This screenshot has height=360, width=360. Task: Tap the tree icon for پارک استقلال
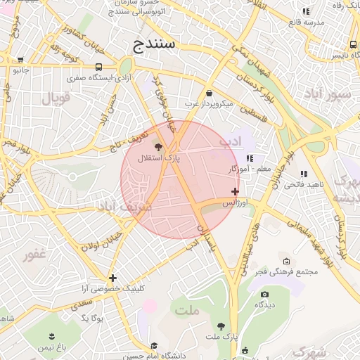click(157, 147)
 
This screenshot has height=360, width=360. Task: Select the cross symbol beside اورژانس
click(235, 191)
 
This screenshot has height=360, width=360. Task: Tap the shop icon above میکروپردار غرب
click(209, 94)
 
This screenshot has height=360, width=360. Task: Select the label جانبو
click(21, 70)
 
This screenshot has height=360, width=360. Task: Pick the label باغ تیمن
click(51, 347)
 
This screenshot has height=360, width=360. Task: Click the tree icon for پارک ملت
click(221, 326)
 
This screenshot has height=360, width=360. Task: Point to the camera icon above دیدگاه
click(264, 294)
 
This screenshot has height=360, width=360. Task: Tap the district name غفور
click(37, 255)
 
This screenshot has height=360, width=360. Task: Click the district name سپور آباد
click(335, 95)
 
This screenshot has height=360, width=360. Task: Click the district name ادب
click(230, 141)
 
